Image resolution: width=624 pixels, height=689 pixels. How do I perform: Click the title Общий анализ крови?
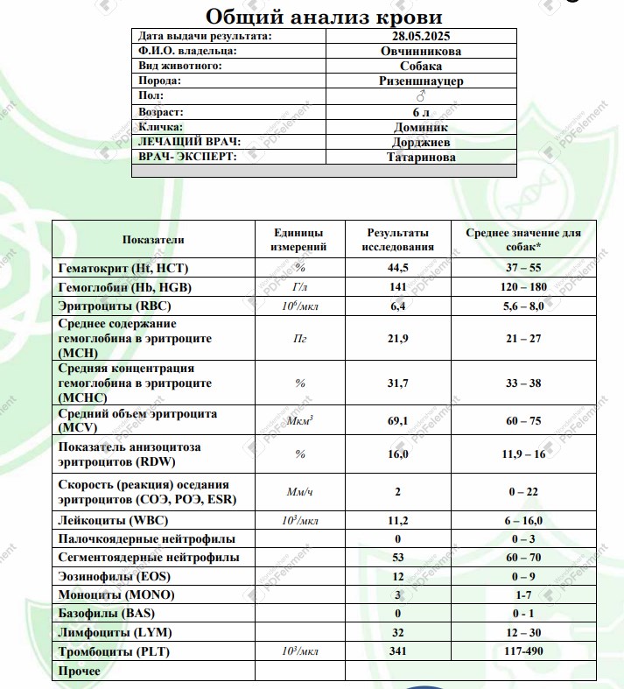pos(323,16)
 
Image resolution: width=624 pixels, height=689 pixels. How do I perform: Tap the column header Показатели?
pos(153,240)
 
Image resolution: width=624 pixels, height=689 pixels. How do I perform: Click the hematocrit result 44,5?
pos(399,267)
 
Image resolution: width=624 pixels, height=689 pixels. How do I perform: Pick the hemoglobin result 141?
pos(398,287)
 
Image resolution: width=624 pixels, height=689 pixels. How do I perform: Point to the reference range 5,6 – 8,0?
pos(523,306)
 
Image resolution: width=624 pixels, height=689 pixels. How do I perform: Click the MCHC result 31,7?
pos(399,383)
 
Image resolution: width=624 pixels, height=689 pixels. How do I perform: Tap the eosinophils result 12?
pos(398,576)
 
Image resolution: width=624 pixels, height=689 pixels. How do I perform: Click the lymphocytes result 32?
pos(398,633)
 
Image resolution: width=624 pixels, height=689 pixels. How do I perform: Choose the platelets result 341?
pos(398,652)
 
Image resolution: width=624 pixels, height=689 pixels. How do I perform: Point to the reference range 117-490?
pos(523,652)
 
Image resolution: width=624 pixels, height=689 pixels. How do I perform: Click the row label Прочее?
pos(79,671)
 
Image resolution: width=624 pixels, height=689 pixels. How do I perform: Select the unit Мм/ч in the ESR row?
pos(299,493)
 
